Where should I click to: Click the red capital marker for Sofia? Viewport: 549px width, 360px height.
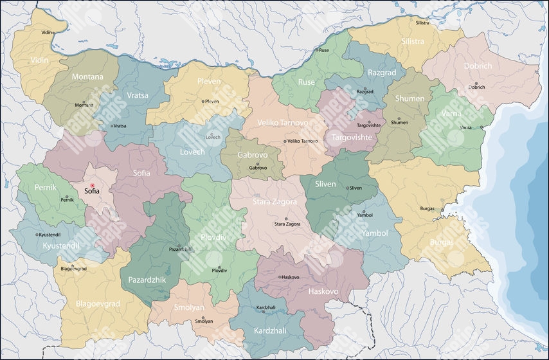(92, 185)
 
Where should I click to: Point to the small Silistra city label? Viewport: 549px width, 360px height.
(422, 22)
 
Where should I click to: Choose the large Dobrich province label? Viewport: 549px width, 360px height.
(476, 66)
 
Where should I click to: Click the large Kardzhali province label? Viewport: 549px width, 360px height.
(271, 330)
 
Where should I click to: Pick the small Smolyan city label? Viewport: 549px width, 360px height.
(204, 321)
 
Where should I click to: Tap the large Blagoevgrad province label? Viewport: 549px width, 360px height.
(97, 304)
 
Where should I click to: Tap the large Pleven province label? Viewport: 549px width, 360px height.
(209, 82)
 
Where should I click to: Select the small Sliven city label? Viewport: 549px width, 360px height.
(355, 188)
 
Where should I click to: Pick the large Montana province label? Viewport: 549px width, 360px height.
(87, 76)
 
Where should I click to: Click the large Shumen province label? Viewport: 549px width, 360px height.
(410, 98)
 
